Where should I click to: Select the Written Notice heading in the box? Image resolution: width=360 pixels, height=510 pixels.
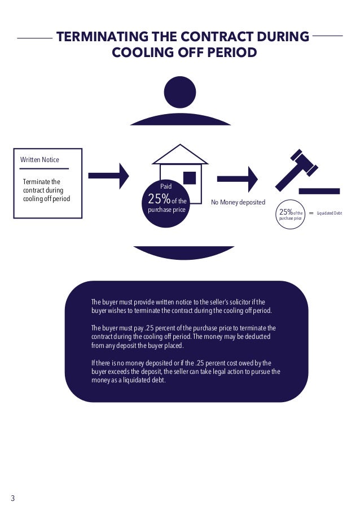39,160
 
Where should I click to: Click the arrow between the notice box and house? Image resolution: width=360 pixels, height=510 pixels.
109,177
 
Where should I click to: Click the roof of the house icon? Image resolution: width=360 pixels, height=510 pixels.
180,154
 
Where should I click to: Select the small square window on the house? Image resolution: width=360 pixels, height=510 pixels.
190,177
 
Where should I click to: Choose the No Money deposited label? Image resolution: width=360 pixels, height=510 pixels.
238,202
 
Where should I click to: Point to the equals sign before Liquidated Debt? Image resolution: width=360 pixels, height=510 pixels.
311,213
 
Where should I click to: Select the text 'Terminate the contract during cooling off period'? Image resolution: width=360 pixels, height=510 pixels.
42,190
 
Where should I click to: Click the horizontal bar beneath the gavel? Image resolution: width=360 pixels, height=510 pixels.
319,191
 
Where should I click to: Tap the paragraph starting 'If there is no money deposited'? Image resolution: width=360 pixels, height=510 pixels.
186,372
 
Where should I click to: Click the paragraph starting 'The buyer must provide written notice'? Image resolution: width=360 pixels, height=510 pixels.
182,306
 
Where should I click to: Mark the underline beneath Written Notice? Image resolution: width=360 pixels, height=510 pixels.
44,168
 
